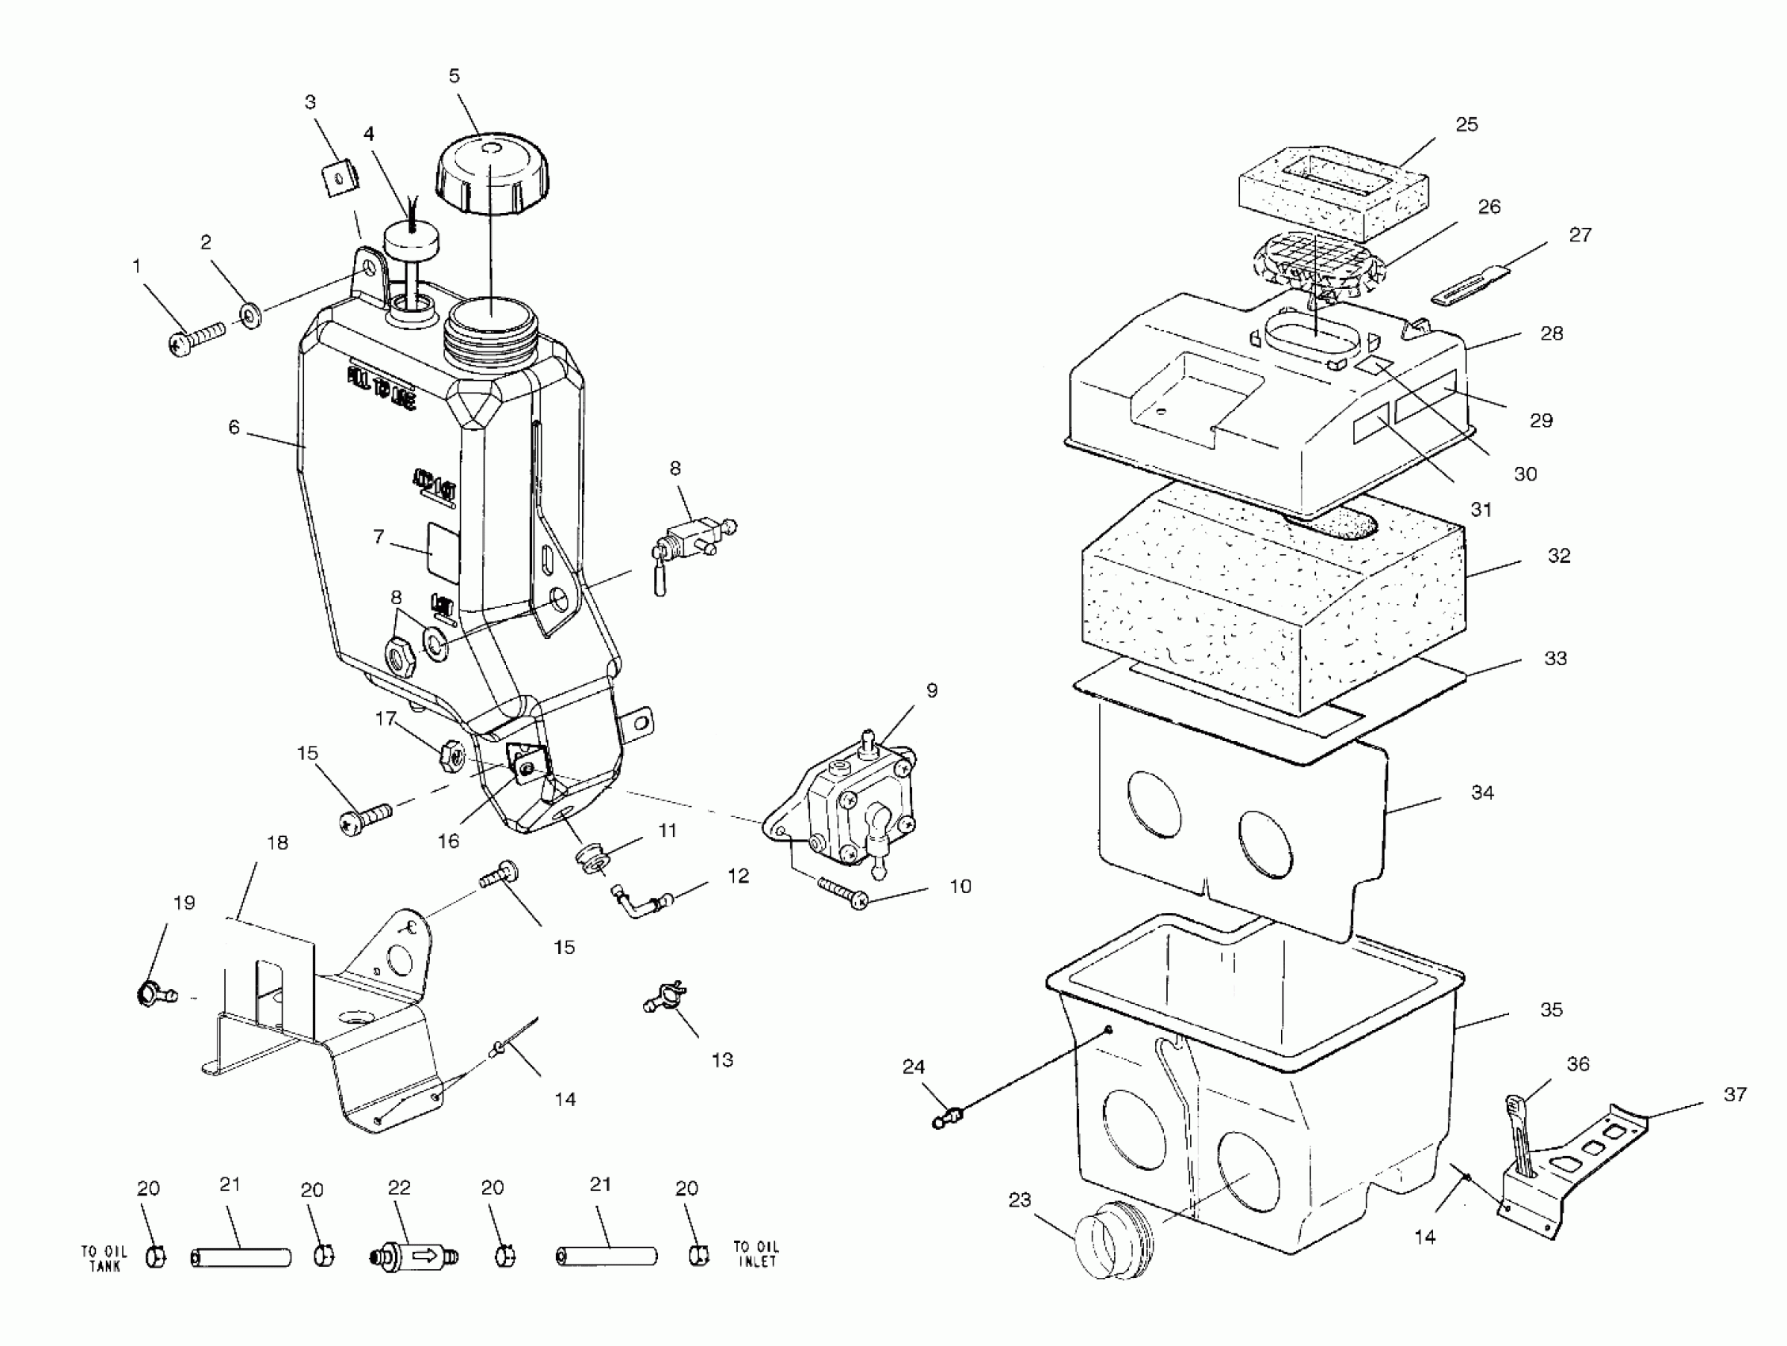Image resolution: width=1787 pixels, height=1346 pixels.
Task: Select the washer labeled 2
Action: pyautogui.click(x=250, y=314)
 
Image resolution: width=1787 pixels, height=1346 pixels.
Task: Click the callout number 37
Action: pyautogui.click(x=1735, y=1095)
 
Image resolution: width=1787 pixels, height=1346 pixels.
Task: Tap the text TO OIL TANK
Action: pyautogui.click(x=105, y=1258)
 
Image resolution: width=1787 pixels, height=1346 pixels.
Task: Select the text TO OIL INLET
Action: pyautogui.click(x=755, y=1254)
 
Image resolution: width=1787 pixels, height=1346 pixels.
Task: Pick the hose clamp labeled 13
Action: pyautogui.click(x=664, y=998)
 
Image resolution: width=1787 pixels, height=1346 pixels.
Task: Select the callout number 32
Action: pyautogui.click(x=1558, y=556)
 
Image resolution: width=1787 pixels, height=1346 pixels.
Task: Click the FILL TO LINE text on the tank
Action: pyautogui.click(x=382, y=387)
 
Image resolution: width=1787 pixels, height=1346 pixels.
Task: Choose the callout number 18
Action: pyautogui.click(x=277, y=842)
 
